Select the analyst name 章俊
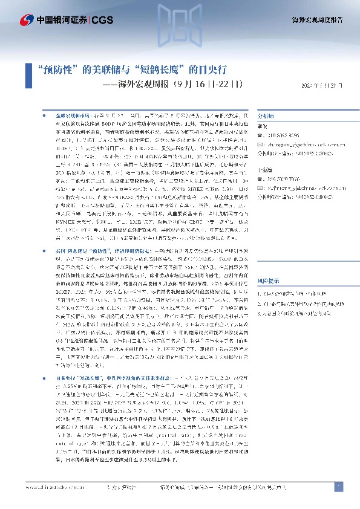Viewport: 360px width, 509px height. pyautogui.click(x=263, y=126)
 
